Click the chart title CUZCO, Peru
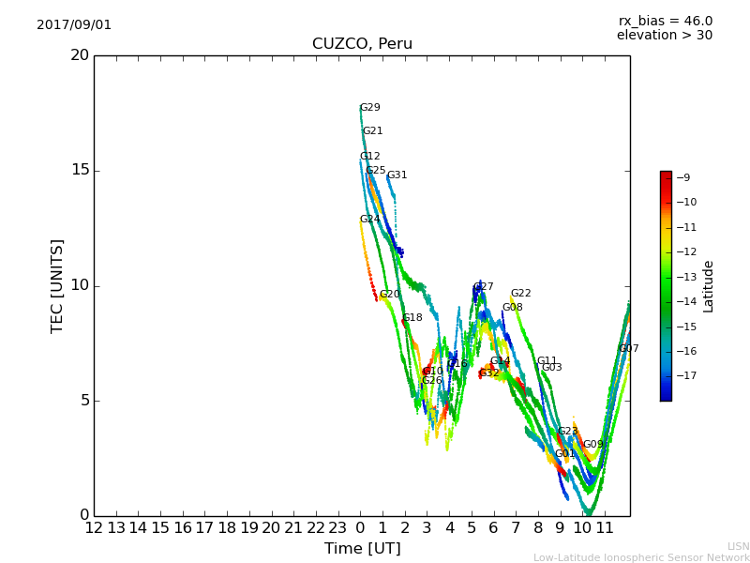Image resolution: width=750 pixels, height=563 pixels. point(362,44)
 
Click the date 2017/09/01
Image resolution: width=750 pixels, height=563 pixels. point(74,25)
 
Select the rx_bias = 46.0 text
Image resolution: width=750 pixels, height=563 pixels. point(665,22)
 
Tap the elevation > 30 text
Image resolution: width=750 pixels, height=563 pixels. point(664,36)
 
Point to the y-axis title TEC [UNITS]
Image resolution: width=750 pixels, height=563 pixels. point(58,285)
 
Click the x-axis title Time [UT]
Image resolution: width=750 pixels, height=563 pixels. point(362,548)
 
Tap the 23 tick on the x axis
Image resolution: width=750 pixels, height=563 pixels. point(338,528)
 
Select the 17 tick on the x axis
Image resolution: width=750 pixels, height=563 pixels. point(205,528)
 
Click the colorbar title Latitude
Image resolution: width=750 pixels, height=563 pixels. point(709,286)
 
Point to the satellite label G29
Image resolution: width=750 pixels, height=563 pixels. point(370,108)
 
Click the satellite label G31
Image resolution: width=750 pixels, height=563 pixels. point(397,175)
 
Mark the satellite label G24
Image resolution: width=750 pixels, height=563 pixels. point(370,220)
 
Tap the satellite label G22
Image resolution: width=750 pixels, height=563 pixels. point(521,294)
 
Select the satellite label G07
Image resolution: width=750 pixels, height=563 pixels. point(629,349)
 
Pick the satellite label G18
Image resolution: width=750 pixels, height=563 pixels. point(412,318)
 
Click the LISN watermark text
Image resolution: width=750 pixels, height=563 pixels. point(738,546)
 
